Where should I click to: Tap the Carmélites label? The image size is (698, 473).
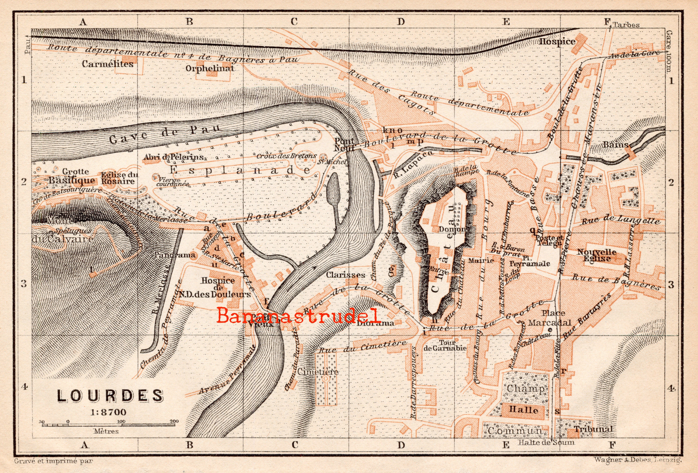tap(108, 64)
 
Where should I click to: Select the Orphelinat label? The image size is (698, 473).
tap(209, 68)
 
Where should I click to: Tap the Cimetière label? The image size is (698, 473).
tap(318, 372)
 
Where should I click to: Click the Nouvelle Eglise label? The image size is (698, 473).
tap(597, 255)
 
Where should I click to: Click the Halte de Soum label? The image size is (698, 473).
tap(546, 442)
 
